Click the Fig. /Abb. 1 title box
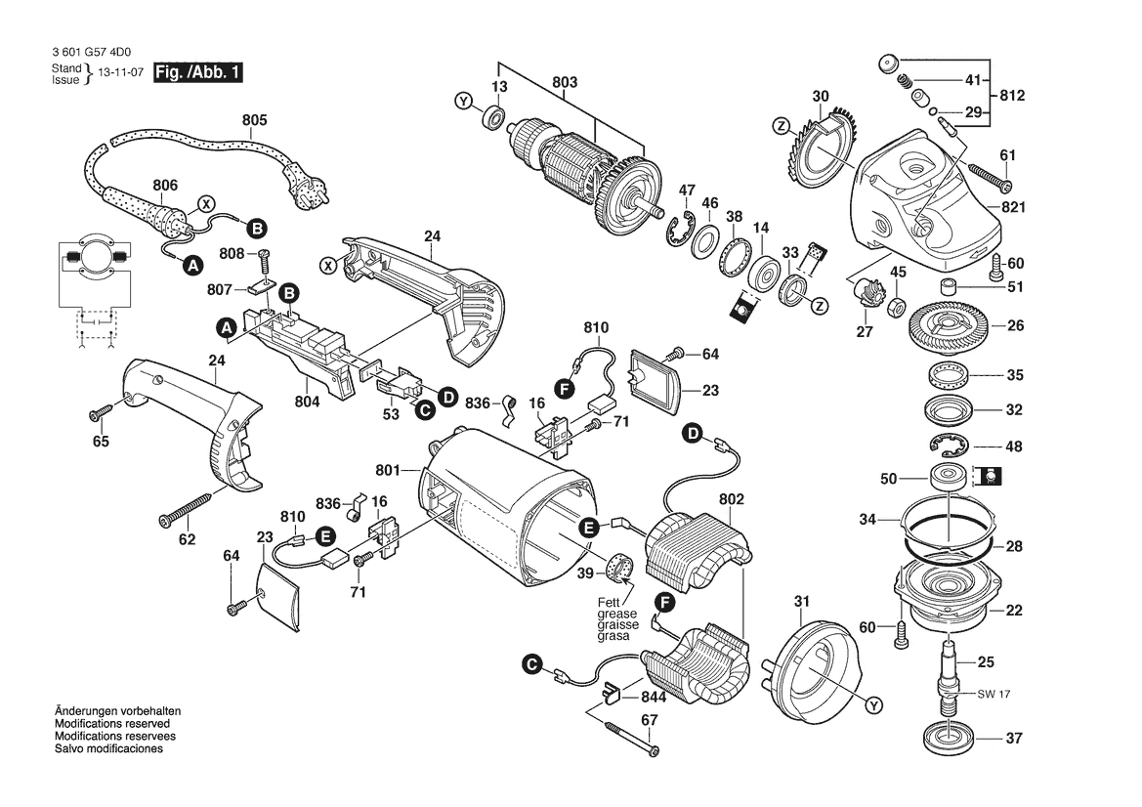[x=197, y=72]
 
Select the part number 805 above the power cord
[x=255, y=120]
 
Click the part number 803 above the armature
[x=565, y=82]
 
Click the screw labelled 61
[x=990, y=176]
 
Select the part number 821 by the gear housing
[x=1013, y=207]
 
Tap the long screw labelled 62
[x=186, y=508]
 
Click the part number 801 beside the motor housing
[x=388, y=471]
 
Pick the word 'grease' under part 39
[x=616, y=614]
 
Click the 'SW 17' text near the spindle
[x=994, y=694]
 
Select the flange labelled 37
[x=950, y=740]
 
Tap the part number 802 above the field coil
[x=732, y=499]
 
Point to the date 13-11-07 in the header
[x=121, y=73]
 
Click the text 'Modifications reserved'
[x=112, y=724]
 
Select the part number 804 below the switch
[x=308, y=402]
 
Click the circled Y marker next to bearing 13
[x=464, y=102]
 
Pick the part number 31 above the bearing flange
[x=802, y=602]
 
